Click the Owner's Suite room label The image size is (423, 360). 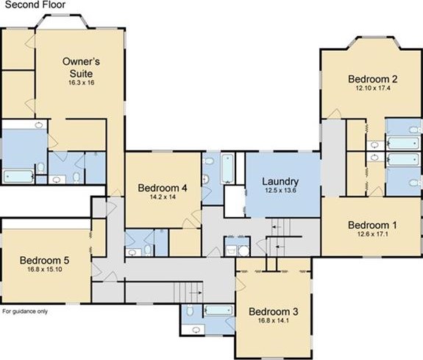tap(81, 67)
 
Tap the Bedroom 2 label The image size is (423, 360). tap(372, 79)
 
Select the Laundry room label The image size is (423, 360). tap(280, 182)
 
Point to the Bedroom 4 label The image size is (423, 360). tap(163, 188)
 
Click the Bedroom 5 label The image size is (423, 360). tap(45, 261)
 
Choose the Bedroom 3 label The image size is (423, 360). tap(273, 311)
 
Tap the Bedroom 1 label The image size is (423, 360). tap(372, 225)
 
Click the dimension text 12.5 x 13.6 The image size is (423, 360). tap(280, 191)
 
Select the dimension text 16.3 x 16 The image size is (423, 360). tap(81, 82)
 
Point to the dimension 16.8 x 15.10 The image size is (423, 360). tap(45, 269)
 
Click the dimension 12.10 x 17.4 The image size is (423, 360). tap(373, 88)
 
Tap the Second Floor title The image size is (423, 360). tap(35, 4)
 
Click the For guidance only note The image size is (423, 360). tap(25, 311)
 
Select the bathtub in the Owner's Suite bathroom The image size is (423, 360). tap(18, 177)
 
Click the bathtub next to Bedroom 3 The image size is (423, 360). tap(218, 311)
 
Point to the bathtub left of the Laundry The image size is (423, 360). tap(228, 169)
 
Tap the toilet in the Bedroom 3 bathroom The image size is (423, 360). tap(190, 310)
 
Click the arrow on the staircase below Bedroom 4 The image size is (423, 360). tap(196, 292)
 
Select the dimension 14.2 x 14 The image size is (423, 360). tap(163, 197)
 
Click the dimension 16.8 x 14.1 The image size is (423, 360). tap(274, 320)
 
